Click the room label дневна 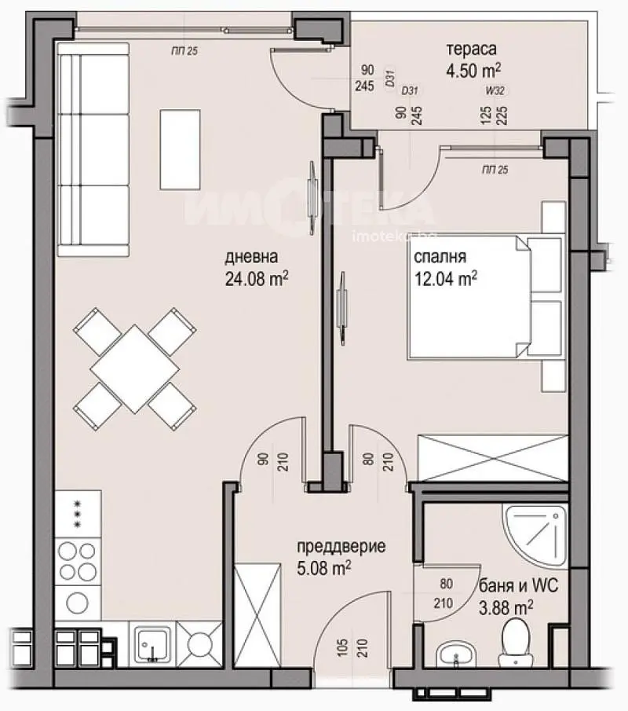[250, 257]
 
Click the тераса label [471, 49]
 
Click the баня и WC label [513, 586]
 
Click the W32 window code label [495, 91]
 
